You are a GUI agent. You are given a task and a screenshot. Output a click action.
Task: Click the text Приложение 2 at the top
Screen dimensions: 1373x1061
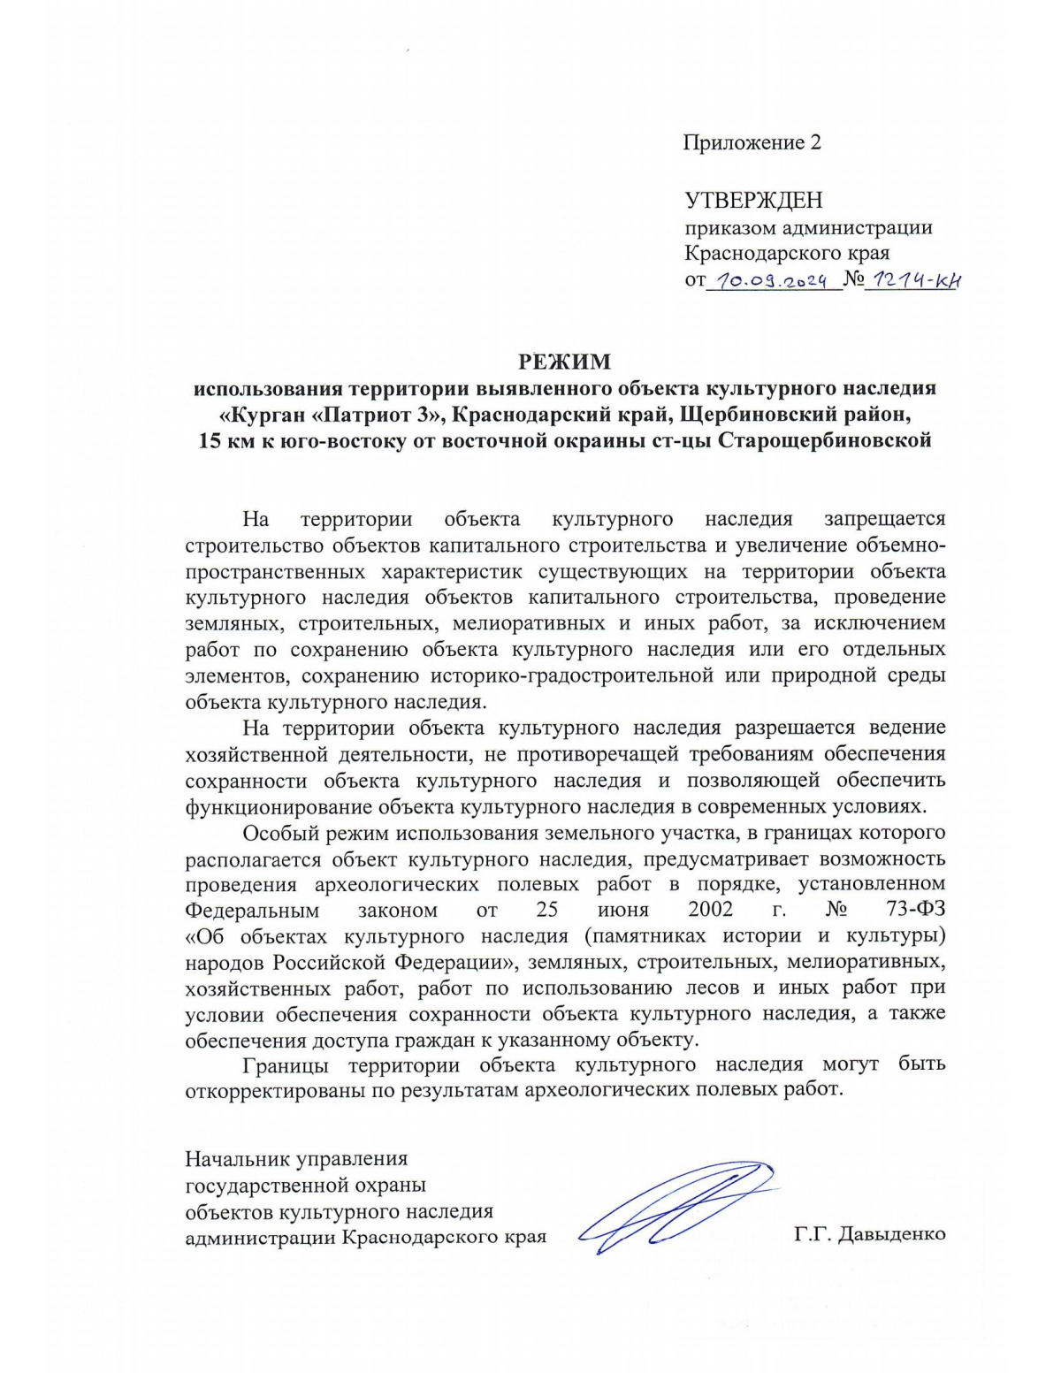tap(752, 142)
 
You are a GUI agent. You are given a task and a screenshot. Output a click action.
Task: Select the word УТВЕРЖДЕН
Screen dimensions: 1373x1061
tap(753, 201)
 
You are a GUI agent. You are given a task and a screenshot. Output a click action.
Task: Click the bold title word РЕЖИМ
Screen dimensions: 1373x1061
tap(564, 362)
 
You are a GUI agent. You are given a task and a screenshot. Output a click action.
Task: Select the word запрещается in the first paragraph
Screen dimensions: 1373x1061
tap(884, 519)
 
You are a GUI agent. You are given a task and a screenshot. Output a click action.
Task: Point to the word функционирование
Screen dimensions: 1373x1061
tap(278, 806)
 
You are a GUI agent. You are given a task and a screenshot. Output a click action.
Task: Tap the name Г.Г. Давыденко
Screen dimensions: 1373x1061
tap(869, 1233)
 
